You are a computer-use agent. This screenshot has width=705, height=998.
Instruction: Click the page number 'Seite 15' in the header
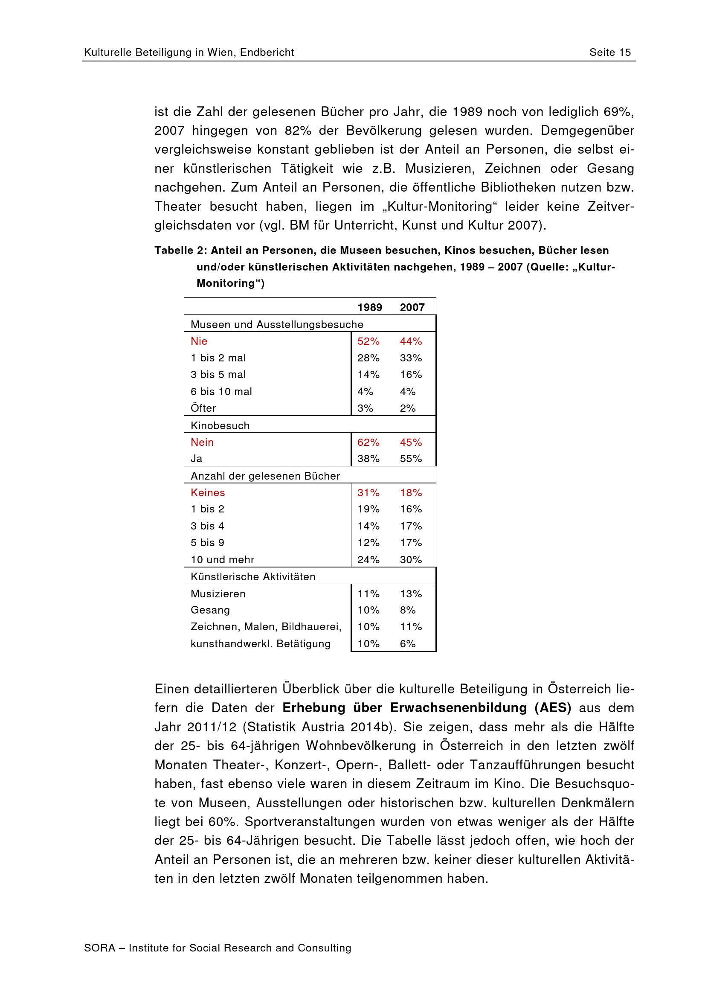pyautogui.click(x=609, y=52)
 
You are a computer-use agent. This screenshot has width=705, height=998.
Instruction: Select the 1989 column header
pyautogui.click(x=369, y=307)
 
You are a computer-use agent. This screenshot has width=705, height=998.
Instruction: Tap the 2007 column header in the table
pyautogui.click(x=412, y=307)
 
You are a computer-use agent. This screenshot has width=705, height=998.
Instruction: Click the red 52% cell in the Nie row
pyautogui.click(x=368, y=341)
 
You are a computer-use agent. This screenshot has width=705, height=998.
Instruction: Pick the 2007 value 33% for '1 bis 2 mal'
pyautogui.click(x=410, y=358)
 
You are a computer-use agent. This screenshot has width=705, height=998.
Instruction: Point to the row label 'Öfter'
pyautogui.click(x=203, y=408)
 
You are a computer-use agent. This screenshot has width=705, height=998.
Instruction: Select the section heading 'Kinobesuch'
pyautogui.click(x=220, y=425)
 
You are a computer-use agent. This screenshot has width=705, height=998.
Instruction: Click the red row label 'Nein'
pyautogui.click(x=202, y=442)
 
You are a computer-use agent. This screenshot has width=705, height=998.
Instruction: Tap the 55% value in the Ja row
pyautogui.click(x=410, y=459)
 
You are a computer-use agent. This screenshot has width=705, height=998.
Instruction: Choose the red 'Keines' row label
pyautogui.click(x=208, y=492)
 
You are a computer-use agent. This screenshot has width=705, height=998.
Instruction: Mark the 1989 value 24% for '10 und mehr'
pyautogui.click(x=368, y=559)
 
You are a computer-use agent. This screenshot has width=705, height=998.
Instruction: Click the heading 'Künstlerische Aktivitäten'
pyautogui.click(x=253, y=577)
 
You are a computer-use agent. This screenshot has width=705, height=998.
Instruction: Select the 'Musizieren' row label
pyautogui.click(x=218, y=594)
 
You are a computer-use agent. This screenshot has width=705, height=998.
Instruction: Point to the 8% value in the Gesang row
pyautogui.click(x=407, y=610)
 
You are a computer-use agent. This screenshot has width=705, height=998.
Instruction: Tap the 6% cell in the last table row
pyautogui.click(x=407, y=644)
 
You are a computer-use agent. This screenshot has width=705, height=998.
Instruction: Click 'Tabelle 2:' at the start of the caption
pyautogui.click(x=181, y=250)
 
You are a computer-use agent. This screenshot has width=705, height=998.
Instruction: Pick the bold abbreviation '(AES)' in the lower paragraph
pyautogui.click(x=553, y=707)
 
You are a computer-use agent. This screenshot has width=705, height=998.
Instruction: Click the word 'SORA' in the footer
pyautogui.click(x=99, y=948)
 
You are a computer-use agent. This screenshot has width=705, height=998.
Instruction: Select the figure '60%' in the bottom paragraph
pyautogui.click(x=221, y=821)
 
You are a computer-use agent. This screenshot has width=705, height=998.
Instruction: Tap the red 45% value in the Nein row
pyautogui.click(x=410, y=442)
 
